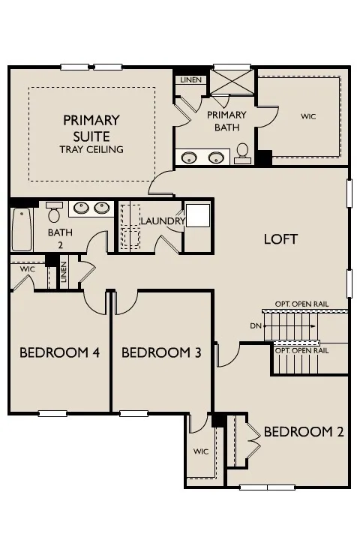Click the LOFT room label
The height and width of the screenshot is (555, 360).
tap(280, 239)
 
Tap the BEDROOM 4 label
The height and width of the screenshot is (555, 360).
tap(59, 352)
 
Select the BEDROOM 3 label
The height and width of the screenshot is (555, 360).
tap(161, 352)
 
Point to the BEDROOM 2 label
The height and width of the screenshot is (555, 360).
tap(304, 432)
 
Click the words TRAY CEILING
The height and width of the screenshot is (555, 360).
tap(91, 149)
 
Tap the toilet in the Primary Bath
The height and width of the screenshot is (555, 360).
tap(242, 153)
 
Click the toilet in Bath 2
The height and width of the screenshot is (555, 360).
tap(54, 212)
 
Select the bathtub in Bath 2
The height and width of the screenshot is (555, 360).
tap(22, 229)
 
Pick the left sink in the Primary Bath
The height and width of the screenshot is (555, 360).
tap(189, 157)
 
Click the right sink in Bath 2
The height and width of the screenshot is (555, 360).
tap(101, 208)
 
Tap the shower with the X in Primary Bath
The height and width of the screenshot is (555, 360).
tap(232, 82)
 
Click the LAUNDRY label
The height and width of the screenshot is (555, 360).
tap(163, 221)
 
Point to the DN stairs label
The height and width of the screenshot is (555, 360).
tap(256, 325)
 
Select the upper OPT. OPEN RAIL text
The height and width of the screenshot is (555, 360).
tap(302, 304)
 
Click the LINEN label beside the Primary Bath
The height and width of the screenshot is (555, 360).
tap(191, 80)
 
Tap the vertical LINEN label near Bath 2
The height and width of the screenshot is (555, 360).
tap(64, 271)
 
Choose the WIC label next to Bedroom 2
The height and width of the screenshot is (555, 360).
tap(201, 451)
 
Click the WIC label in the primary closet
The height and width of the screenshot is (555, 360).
tap(308, 116)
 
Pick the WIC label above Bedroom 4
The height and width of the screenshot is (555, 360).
tap(28, 269)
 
